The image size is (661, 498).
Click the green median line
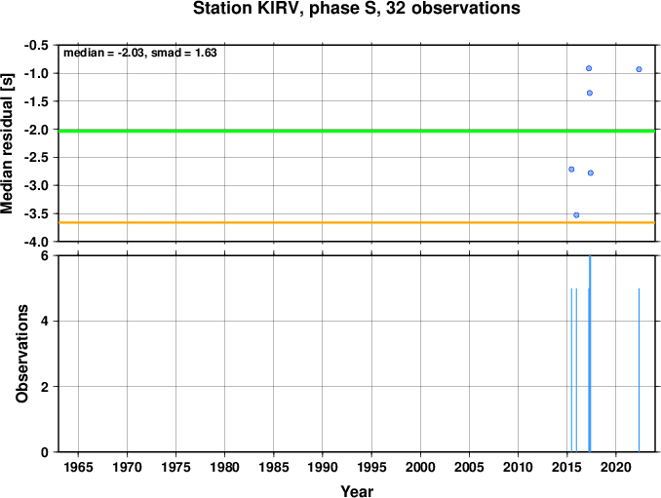(x=357, y=131)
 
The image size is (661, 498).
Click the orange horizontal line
(x=357, y=222)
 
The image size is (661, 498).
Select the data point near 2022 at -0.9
(x=639, y=69)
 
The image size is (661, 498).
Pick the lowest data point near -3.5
(x=576, y=214)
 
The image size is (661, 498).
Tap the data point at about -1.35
(x=589, y=93)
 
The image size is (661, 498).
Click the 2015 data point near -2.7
(x=571, y=170)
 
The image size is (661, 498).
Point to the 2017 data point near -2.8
(x=590, y=172)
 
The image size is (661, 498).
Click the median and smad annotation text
(x=140, y=53)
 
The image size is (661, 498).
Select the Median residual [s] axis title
(x=7, y=143)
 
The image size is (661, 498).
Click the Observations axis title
(x=21, y=354)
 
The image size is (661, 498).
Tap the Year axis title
(x=357, y=491)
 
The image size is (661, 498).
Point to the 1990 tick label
(x=323, y=467)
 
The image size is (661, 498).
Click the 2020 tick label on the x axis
(x=616, y=467)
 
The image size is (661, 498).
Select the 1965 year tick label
(x=78, y=467)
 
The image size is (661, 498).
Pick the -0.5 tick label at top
(x=36, y=45)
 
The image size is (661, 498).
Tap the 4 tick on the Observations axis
(x=45, y=321)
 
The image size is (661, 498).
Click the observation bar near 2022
(x=639, y=370)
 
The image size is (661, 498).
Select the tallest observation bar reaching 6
(x=590, y=354)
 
